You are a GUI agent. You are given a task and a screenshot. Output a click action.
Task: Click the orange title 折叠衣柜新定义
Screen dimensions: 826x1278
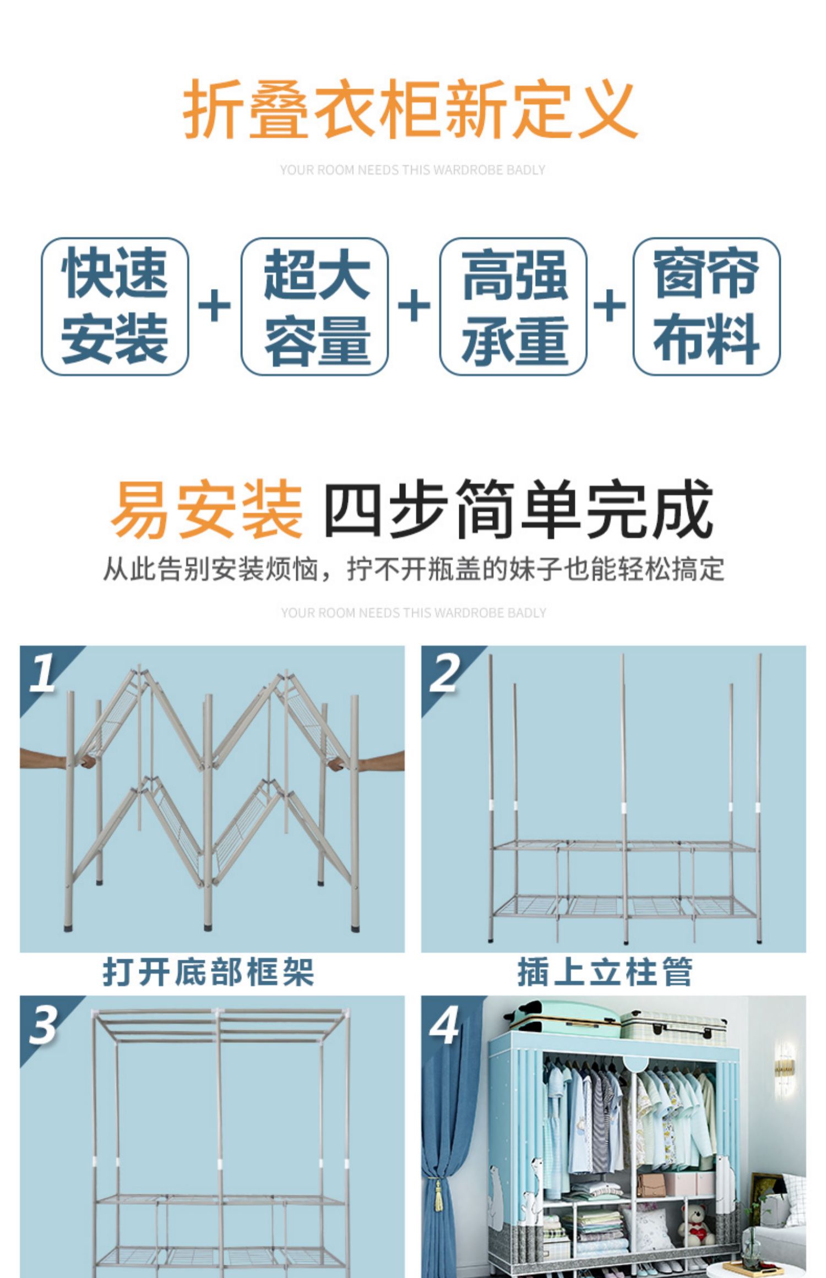coord(410,108)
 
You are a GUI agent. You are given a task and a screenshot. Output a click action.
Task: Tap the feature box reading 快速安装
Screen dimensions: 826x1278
coord(115,307)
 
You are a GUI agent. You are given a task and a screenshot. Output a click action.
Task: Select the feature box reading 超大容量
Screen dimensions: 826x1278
coord(314,307)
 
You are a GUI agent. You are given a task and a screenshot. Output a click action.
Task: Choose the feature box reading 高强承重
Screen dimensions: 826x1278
coord(513,307)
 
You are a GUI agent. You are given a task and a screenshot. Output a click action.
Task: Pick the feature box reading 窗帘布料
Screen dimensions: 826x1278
coord(707,307)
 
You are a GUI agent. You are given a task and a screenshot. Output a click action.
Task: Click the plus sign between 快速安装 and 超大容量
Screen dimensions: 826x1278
coord(214,306)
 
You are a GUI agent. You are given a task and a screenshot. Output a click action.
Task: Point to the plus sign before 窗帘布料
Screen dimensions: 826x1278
coord(610,306)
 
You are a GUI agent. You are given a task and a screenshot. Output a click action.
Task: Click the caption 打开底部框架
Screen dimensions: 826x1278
coord(208,972)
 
